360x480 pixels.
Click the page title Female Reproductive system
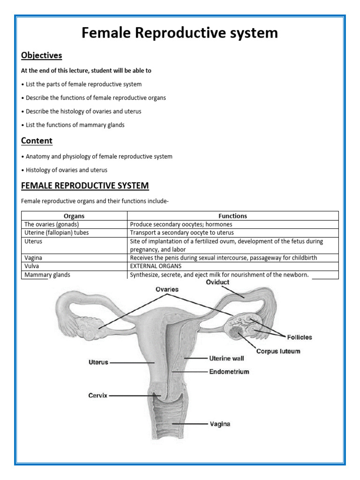(180, 33)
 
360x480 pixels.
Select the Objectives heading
(41, 55)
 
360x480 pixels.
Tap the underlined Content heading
(37, 141)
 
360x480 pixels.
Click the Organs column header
(74, 216)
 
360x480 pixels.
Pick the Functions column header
(232, 216)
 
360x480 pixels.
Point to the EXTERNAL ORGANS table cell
(156, 266)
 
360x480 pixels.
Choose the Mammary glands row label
(47, 275)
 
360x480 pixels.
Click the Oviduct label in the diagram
(218, 282)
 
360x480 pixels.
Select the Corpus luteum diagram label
(278, 351)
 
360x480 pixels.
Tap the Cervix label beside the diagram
(97, 396)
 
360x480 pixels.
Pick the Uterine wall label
(226, 359)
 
